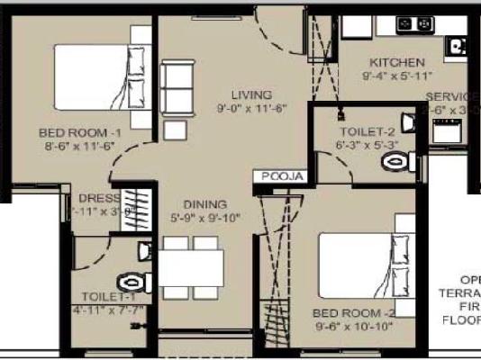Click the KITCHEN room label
click(x=396, y=63)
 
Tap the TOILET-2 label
click(x=365, y=130)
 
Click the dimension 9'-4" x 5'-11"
click(x=396, y=76)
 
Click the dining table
click(x=193, y=267)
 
